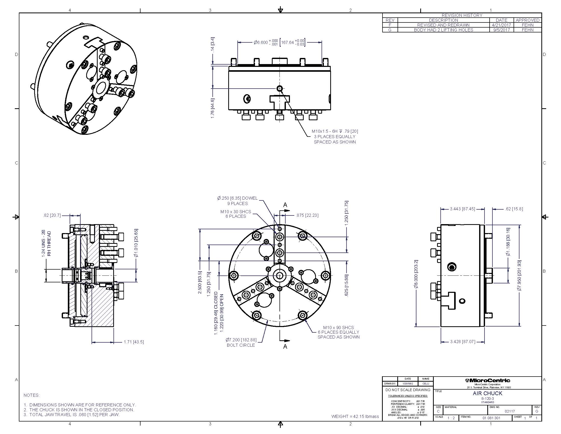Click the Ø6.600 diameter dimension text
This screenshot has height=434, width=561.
pos(261,42)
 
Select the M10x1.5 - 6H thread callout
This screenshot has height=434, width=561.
pos(335,131)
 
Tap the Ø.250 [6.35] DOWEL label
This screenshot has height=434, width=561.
pos(237,198)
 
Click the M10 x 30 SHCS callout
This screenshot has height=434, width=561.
pos(236,212)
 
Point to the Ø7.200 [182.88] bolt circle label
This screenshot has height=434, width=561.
pos(241,340)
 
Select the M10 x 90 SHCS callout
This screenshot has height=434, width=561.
pos(338,328)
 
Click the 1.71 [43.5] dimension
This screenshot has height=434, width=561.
pos(134,342)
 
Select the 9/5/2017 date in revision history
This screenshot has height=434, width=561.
pos(501,30)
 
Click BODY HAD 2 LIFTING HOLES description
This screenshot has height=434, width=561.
pos(443,30)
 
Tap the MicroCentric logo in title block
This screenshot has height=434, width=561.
pos(487,381)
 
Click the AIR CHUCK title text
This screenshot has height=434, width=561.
pos(487,393)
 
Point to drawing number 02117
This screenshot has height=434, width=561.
pos(509,411)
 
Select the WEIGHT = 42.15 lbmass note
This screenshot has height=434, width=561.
pos(355,417)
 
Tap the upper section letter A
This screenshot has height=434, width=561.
pos(285,205)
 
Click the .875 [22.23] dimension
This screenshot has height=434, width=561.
pos(307,215)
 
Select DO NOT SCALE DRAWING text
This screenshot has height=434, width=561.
pos(408,390)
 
